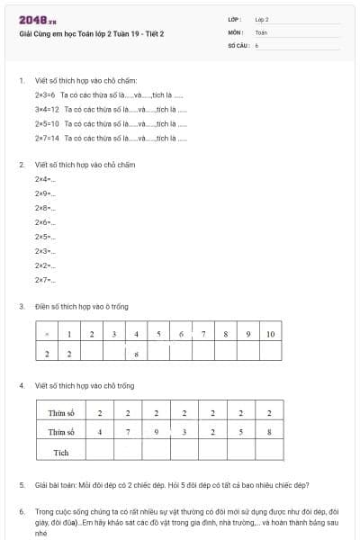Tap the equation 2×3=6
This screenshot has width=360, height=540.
(45, 94)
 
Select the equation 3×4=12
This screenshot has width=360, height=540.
(47, 109)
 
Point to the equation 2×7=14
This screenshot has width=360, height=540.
(47, 138)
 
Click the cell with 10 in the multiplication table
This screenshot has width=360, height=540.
(270, 334)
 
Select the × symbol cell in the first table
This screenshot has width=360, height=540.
(47, 334)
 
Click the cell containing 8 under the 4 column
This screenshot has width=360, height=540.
(136, 354)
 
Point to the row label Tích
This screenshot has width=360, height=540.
(61, 452)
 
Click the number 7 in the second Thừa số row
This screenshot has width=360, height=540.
(129, 432)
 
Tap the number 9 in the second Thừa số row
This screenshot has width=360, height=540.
(157, 432)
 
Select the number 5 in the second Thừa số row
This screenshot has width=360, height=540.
(241, 432)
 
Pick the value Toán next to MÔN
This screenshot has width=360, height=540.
(261, 31)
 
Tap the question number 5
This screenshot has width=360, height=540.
(22, 484)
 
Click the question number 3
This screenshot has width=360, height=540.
(22, 306)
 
